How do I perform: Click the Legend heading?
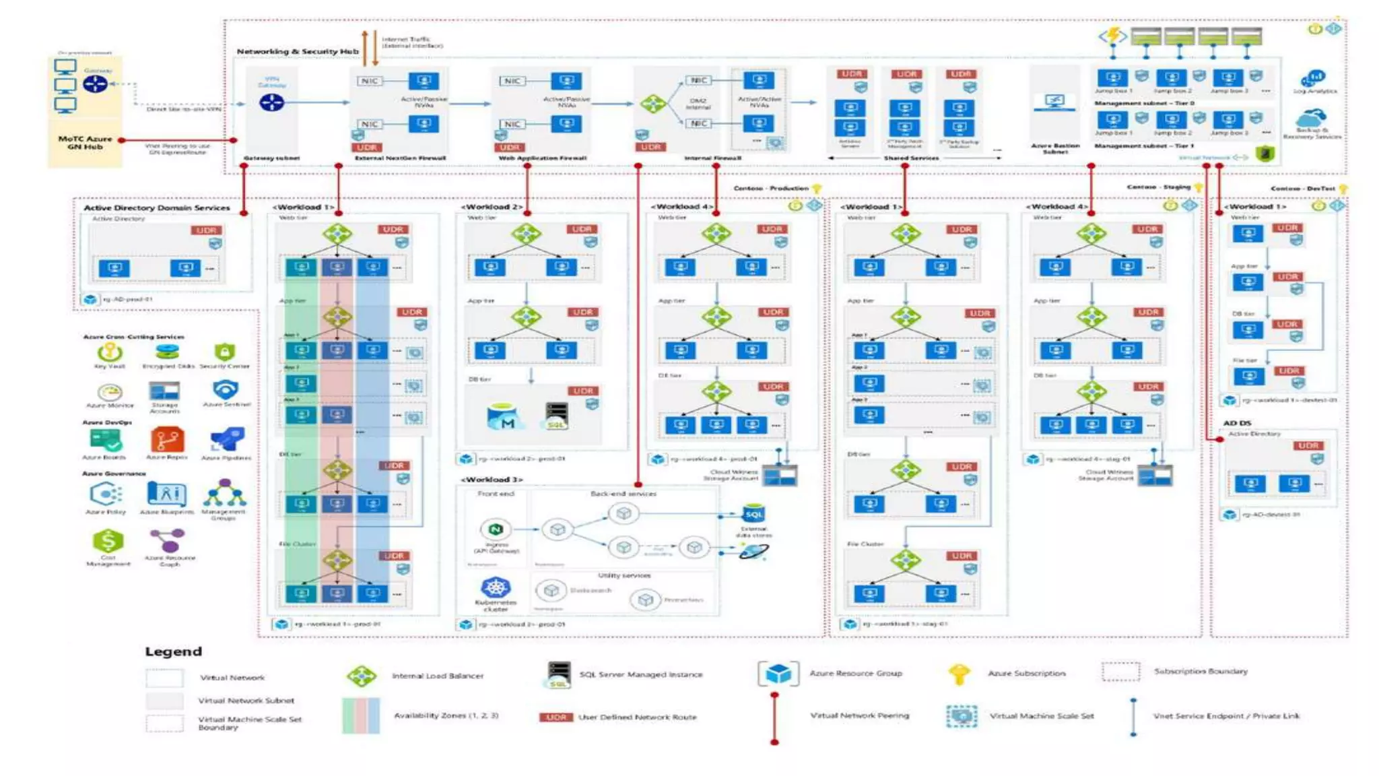[173, 651]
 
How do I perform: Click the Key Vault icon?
[109, 352]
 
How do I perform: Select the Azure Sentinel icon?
[226, 389]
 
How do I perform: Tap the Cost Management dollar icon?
[108, 541]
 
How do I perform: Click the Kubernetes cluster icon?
[496, 587]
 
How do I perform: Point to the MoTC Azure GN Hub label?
[85, 142]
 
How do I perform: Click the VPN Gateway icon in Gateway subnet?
[271, 102]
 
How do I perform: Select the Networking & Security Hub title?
[297, 51]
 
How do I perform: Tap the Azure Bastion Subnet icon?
[1054, 102]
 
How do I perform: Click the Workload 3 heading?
[492, 480]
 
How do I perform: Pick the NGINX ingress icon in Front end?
[496, 529]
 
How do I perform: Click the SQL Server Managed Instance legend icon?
[558, 674]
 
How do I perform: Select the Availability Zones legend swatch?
[361, 715]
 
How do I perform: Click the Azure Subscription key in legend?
[959, 673]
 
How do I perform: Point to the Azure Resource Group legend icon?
[778, 673]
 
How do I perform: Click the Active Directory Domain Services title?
[157, 207]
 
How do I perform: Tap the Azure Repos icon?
[166, 440]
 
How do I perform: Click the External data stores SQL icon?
[753, 514]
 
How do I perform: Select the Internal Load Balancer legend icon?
[362, 676]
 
